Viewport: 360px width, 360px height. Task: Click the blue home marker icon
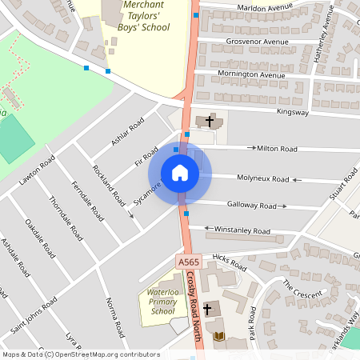point(180,173)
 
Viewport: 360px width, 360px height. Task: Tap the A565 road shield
point(187,262)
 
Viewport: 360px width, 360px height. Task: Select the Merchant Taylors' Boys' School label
point(136,16)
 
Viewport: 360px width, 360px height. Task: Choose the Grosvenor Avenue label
point(257,42)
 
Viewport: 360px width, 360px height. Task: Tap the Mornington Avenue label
point(251,76)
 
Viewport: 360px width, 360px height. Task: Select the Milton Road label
point(276,149)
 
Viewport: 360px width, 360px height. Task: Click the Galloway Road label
point(251,206)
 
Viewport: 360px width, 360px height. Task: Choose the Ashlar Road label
point(127,133)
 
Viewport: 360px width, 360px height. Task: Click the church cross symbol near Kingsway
point(210,122)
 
